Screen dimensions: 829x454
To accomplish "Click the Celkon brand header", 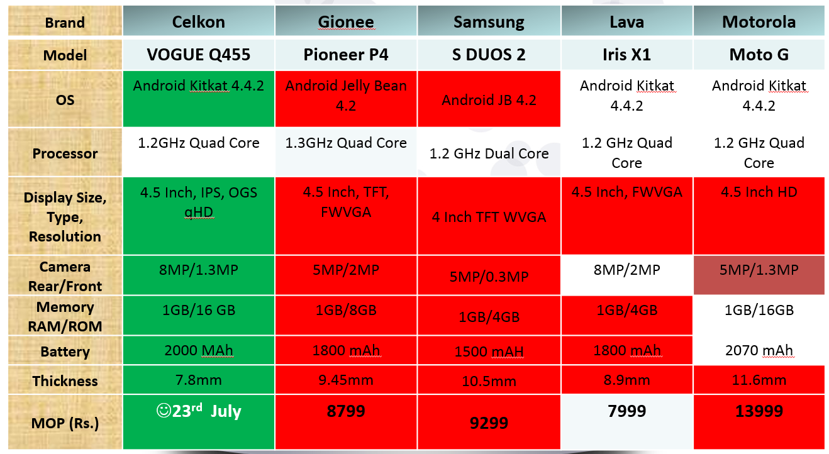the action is click(x=198, y=22).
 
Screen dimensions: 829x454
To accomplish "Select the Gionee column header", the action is click(x=346, y=22).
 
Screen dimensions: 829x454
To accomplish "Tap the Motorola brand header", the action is click(x=759, y=22).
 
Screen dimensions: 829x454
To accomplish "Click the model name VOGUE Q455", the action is click(x=198, y=55).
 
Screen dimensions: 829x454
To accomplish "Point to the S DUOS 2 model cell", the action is click(x=489, y=55).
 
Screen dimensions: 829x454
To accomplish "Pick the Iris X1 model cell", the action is click(x=626, y=55).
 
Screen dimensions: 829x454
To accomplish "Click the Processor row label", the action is click(x=65, y=153).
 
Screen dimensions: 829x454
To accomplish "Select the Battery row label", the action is click(x=65, y=352).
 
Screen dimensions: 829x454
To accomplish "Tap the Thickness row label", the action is click(x=65, y=380).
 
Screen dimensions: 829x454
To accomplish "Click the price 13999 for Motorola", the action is click(x=759, y=411).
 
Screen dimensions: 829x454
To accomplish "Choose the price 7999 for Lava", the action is click(x=627, y=411).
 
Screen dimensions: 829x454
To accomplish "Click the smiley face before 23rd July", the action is click(x=164, y=411).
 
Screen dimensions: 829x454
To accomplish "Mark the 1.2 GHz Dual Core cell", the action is click(x=489, y=153).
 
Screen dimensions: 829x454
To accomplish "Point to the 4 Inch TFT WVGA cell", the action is click(x=489, y=217).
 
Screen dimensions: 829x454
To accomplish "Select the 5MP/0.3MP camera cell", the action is click(x=489, y=277).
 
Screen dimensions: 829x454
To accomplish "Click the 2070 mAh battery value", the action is click(x=759, y=350).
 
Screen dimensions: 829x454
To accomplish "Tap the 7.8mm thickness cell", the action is click(x=198, y=380).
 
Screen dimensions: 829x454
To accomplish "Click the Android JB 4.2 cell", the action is click(x=489, y=100).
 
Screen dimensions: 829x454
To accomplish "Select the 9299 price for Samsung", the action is click(x=489, y=423).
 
